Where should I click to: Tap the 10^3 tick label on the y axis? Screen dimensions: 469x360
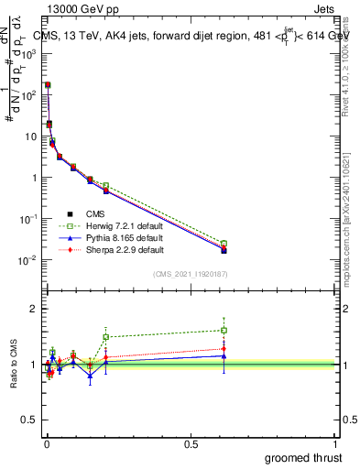(x=28, y=53)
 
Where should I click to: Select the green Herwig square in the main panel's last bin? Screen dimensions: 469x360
(x=224, y=244)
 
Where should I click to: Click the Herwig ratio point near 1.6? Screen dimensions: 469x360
(x=224, y=330)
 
